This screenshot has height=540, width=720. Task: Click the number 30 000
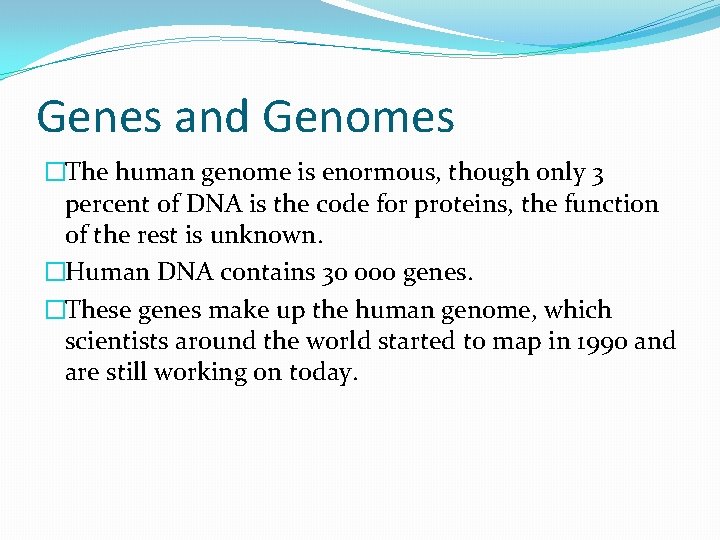coord(362,273)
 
